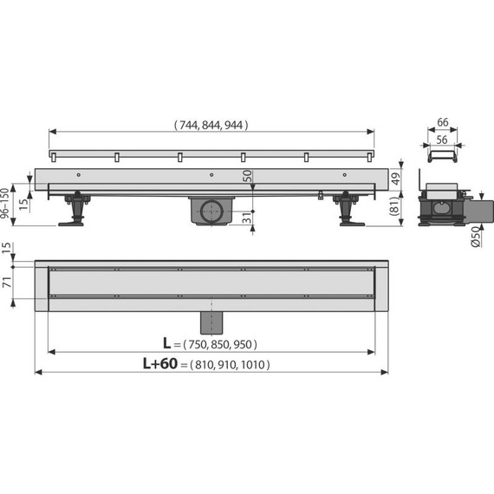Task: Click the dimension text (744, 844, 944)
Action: [x=211, y=125]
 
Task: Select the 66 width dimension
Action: [x=443, y=122]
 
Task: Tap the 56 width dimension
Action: [x=442, y=140]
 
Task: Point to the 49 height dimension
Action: [x=396, y=179]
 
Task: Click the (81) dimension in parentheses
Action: [x=395, y=206]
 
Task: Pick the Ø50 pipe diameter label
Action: [x=476, y=237]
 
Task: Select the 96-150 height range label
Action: [x=4, y=203]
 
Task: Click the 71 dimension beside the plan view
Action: [x=7, y=282]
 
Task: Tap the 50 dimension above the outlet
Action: [x=248, y=176]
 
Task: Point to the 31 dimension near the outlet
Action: [x=248, y=218]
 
